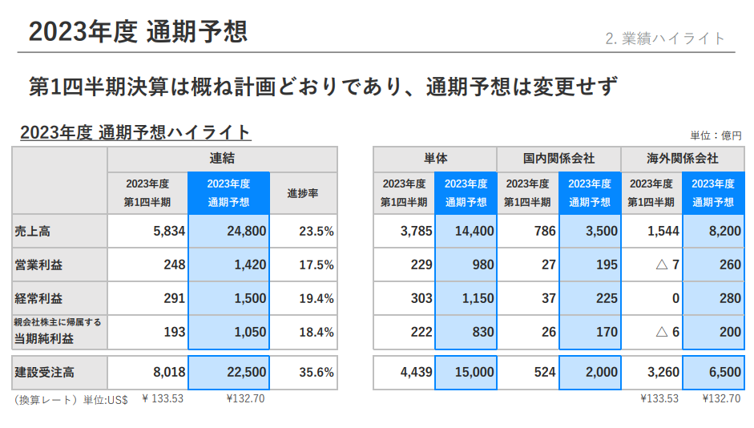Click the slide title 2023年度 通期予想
click(137, 31)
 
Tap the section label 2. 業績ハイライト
click(665, 38)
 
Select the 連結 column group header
click(222, 159)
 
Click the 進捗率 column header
click(303, 193)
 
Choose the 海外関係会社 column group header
click(682, 159)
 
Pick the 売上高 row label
click(33, 232)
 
